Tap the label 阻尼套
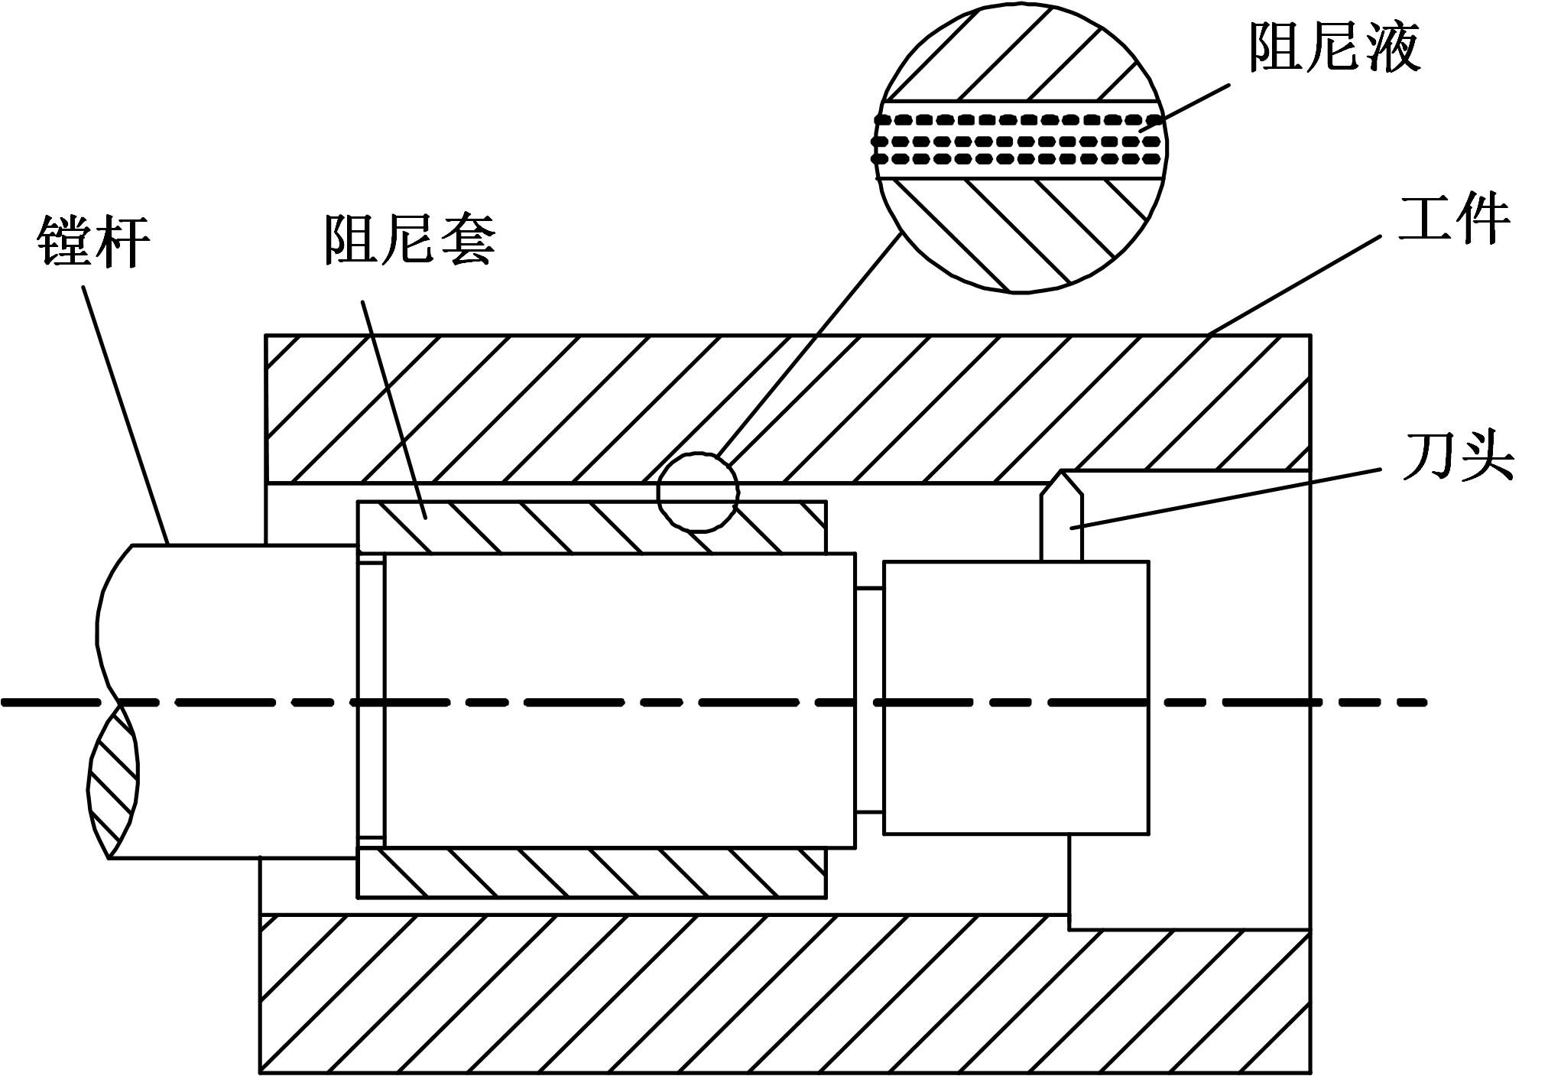tap(410, 239)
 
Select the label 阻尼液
tap(1334, 47)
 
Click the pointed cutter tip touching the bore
tap(1063, 472)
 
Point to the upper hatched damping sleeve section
tap(591, 527)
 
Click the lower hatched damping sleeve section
tap(591, 873)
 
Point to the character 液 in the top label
tap(1393, 47)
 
